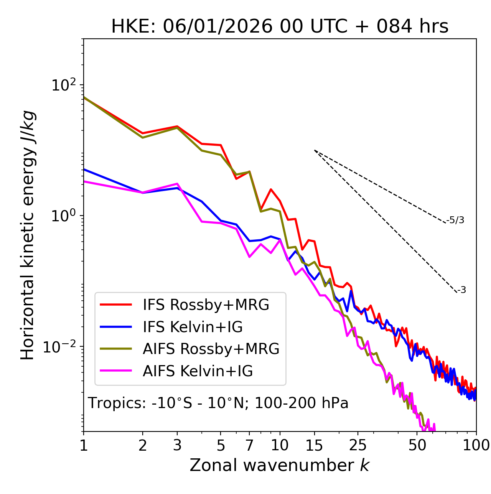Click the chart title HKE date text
[280, 27]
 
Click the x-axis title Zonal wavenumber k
[279, 465]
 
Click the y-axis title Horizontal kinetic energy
[28, 235]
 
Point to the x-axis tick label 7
[249, 445]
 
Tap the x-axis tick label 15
[314, 445]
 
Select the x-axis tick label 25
[358, 445]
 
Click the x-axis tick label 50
[417, 445]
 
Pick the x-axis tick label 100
[476, 445]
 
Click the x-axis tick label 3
[177, 445]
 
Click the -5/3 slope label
[455, 221]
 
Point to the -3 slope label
[461, 290]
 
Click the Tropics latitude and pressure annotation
[218, 403]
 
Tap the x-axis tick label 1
[84, 445]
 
